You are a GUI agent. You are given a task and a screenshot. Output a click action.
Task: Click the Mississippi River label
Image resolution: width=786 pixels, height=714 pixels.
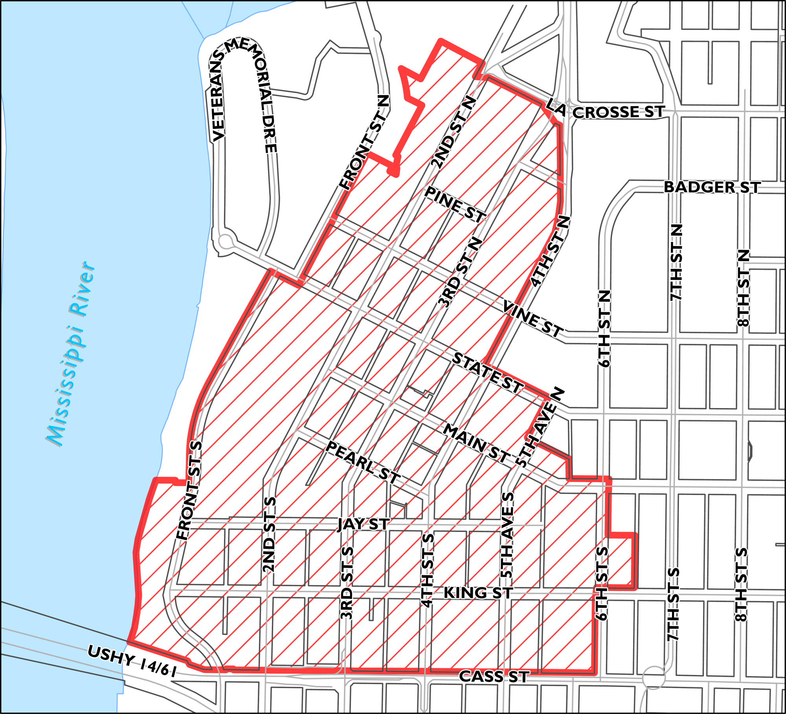[x=71, y=354]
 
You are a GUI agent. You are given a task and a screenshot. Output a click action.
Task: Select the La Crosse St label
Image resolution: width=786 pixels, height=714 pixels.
[x=605, y=110]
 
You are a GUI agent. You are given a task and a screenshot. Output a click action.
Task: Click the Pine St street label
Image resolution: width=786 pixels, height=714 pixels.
[x=455, y=204]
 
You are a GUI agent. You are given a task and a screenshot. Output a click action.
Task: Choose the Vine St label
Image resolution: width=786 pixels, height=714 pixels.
[x=533, y=319]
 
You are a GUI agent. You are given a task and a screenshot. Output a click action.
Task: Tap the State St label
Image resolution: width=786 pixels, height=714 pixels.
[x=487, y=372]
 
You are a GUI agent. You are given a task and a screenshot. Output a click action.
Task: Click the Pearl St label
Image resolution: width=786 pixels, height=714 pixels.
[x=362, y=462]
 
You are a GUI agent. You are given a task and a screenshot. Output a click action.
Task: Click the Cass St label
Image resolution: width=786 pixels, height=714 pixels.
[x=494, y=677]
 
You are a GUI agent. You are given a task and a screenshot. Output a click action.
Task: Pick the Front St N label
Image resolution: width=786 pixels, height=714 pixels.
[x=365, y=142]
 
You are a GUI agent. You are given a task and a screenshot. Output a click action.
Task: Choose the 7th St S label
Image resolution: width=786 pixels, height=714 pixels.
[x=673, y=604]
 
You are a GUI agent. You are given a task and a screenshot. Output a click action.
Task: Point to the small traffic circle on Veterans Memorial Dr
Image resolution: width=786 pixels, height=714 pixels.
[x=226, y=241]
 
